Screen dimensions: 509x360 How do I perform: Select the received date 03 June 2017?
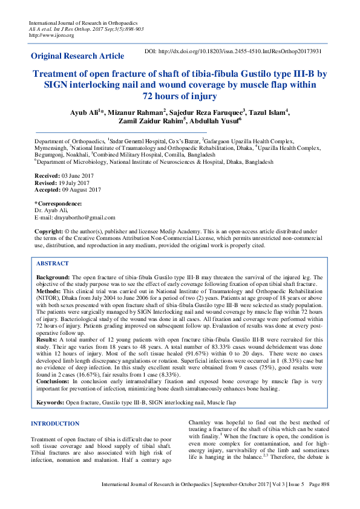(x=77, y=175)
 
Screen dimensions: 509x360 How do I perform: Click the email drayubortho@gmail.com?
(x=83, y=217)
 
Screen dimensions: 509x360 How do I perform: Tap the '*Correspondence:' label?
(x=58, y=204)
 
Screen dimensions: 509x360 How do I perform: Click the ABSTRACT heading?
(x=53, y=264)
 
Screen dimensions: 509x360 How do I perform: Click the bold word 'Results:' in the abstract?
(x=49, y=340)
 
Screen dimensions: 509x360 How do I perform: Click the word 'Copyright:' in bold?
(x=49, y=232)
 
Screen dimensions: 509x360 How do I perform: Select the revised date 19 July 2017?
(x=75, y=182)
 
